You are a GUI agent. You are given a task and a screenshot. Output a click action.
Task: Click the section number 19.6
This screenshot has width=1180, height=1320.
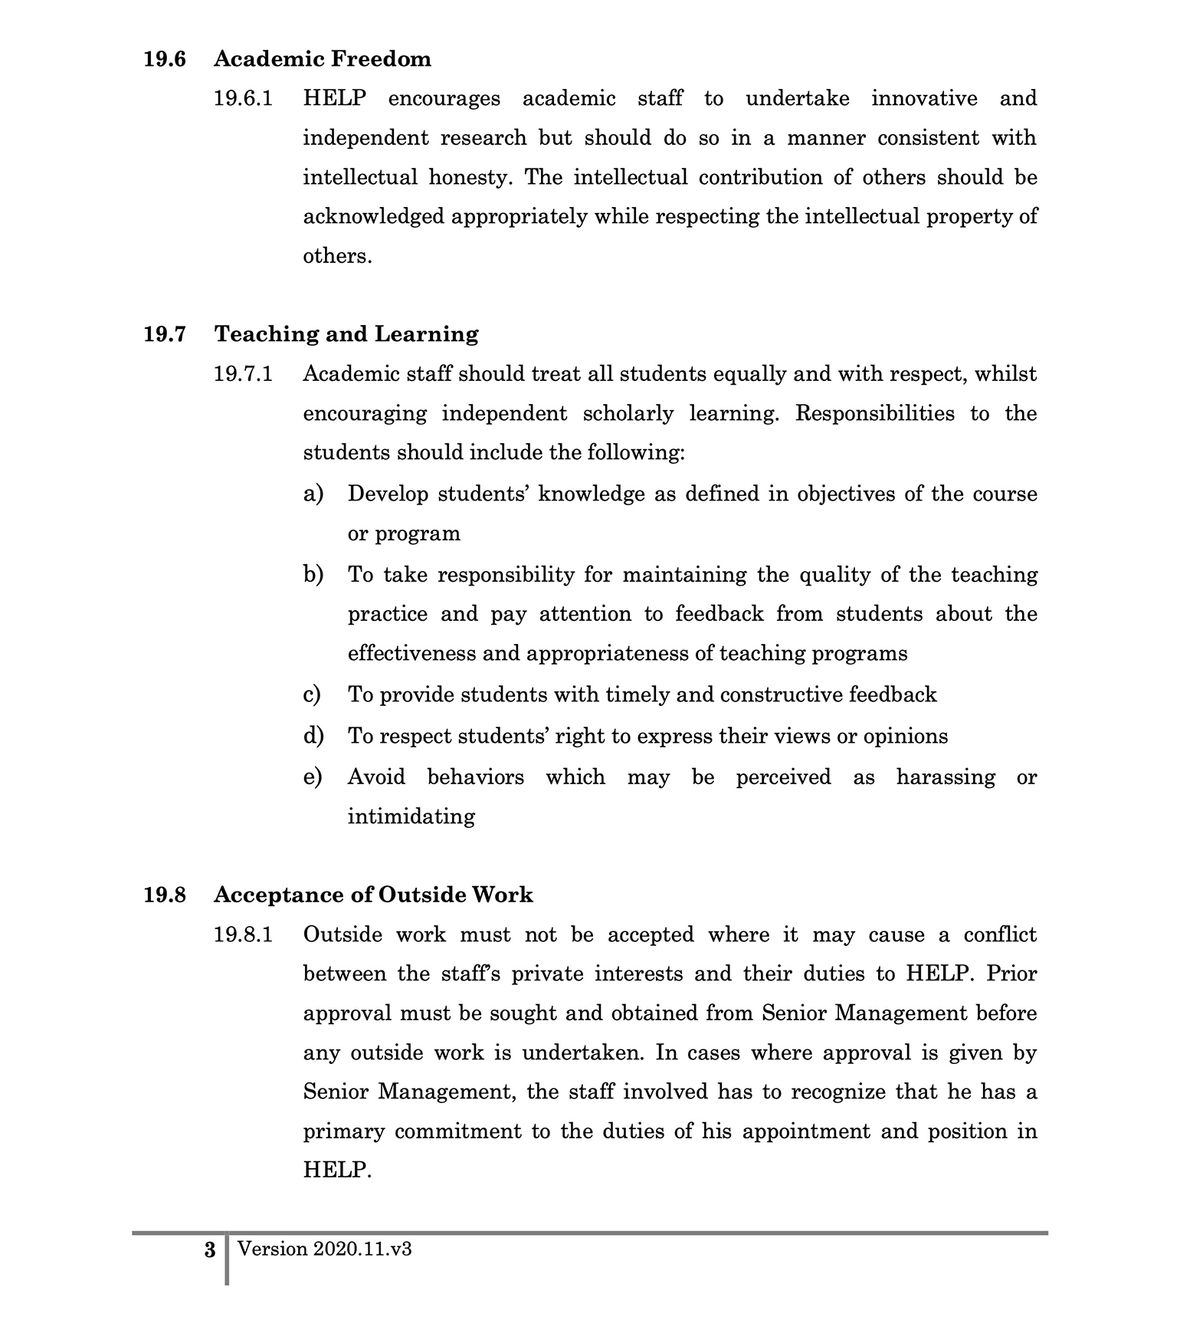pos(165,59)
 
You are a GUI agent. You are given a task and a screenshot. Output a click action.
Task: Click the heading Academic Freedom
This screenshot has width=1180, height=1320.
pos(322,59)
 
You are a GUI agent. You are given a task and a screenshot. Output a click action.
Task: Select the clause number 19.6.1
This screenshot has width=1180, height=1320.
pos(243,99)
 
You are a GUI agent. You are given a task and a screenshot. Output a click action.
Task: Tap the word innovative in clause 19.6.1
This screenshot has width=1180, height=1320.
pos(924,99)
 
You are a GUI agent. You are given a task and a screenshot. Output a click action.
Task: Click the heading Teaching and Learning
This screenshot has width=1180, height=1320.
pos(346,334)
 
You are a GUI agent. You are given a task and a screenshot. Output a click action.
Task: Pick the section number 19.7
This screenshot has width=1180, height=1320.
pos(165,334)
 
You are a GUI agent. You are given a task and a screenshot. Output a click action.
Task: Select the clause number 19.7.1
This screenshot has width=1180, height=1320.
pos(243,374)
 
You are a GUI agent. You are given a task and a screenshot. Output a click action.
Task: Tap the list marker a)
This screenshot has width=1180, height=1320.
pos(313,494)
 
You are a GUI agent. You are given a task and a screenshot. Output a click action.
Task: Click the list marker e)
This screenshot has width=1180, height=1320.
pos(313,777)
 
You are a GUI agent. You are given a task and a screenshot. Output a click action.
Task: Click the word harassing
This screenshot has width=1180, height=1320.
pos(946,777)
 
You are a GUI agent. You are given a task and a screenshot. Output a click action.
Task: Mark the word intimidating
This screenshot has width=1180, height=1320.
pos(411,816)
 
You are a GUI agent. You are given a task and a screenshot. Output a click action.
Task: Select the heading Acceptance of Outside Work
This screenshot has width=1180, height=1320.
pos(373,895)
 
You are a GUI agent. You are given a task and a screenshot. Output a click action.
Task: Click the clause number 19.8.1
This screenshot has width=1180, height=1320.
pos(243,935)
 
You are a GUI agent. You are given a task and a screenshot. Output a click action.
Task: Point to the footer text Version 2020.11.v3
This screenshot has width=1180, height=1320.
pos(325,1249)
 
